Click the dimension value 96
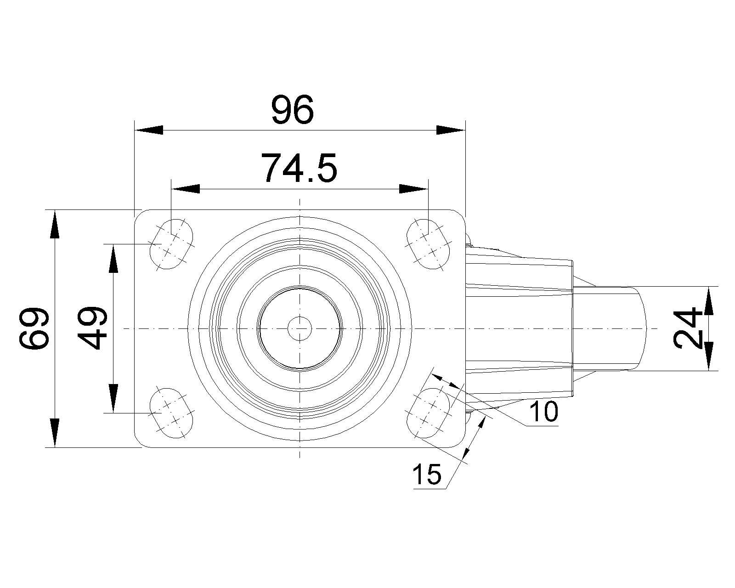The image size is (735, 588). tap(292, 110)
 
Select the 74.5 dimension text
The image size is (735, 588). tap(299, 168)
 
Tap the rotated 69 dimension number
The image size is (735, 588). tap(34, 328)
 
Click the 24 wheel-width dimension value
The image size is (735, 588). tap(688, 328)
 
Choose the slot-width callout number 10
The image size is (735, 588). tap(544, 411)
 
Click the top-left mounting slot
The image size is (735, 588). tap(171, 244)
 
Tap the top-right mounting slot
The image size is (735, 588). tap(428, 244)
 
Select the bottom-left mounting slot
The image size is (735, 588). tap(171, 413)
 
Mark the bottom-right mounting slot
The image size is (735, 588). tap(428, 413)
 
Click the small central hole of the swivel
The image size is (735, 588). tap(300, 328)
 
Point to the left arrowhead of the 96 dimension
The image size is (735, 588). tap(149, 130)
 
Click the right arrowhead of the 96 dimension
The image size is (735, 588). tap(451, 130)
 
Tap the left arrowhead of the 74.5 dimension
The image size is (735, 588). tap(186, 189)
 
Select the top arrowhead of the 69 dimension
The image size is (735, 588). tap(55, 224)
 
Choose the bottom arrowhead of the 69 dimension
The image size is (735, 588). tap(55, 433)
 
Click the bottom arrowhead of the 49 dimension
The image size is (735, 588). tap(113, 398)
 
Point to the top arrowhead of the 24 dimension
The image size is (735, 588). tap(709, 301)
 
